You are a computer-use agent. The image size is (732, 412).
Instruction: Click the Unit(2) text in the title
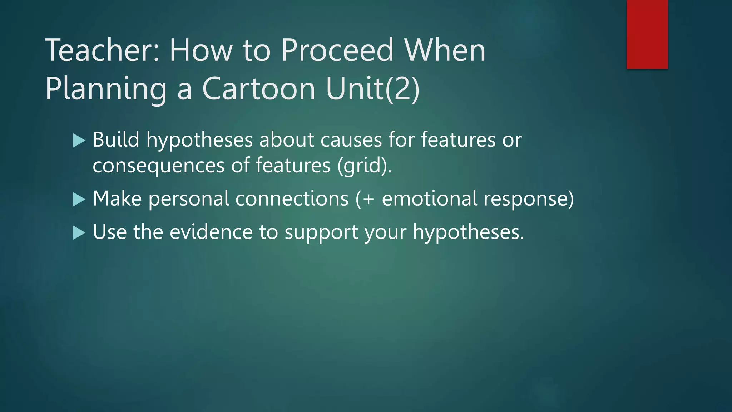[x=372, y=88]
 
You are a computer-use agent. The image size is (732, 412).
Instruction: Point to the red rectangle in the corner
[x=647, y=34]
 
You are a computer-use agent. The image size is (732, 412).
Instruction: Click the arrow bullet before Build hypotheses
[x=79, y=141]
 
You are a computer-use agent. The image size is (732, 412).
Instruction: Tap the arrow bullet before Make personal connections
[x=79, y=199]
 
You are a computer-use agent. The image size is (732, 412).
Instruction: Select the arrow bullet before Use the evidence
[x=79, y=233]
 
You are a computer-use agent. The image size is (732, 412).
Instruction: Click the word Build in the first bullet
[x=116, y=139]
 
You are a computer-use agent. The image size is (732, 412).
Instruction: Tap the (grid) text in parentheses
[x=364, y=166]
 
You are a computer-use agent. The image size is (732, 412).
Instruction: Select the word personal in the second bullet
[x=189, y=199]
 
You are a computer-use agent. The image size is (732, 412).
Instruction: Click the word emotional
[x=429, y=199]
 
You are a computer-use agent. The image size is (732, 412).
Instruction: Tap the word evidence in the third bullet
[x=211, y=232]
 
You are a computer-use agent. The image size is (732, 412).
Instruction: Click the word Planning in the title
[x=106, y=88]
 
